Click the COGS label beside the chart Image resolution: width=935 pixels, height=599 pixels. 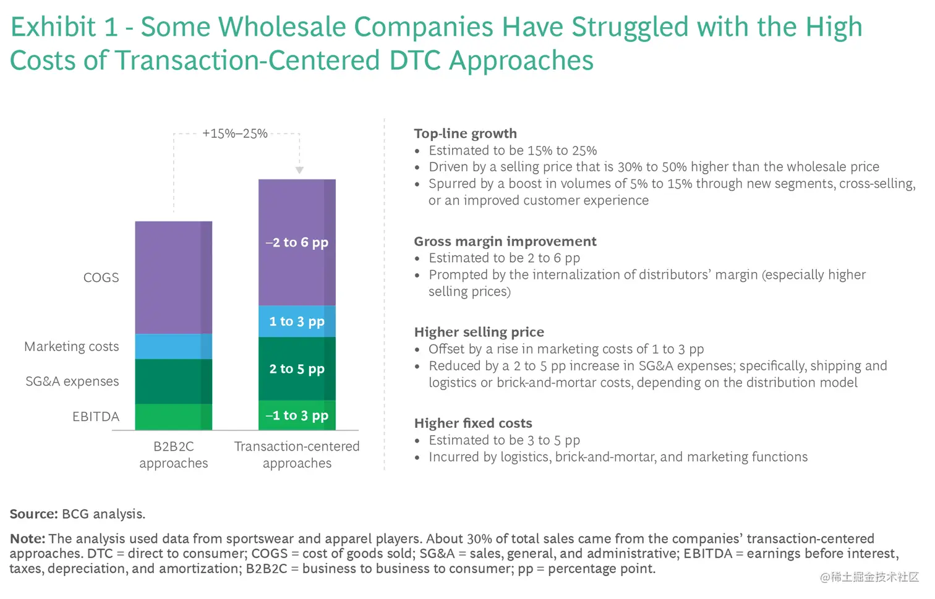[101, 278]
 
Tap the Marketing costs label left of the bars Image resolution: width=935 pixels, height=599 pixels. [71, 347]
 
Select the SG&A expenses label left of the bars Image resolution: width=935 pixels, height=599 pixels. [72, 381]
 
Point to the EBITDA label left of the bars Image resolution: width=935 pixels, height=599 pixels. [95, 417]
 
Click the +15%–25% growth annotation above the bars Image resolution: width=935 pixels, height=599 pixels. [235, 134]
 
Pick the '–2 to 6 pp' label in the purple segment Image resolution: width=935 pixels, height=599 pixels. [297, 242]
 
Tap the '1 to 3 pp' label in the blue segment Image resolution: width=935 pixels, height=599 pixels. [297, 321]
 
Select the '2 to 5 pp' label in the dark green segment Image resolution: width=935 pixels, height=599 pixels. [297, 369]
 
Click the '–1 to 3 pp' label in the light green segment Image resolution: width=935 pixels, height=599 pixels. [297, 415]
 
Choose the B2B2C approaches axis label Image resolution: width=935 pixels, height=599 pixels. [174, 454]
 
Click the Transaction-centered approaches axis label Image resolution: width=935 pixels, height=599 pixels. [297, 454]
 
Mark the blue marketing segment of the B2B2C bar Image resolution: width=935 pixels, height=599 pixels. [173, 347]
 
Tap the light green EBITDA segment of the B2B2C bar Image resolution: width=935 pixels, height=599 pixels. [173, 417]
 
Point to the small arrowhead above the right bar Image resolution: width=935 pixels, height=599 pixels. [299, 170]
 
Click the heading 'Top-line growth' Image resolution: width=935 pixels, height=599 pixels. [465, 134]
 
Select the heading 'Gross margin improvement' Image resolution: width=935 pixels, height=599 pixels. [505, 241]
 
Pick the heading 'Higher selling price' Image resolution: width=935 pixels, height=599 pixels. [479, 332]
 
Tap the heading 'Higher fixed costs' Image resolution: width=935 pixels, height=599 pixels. [473, 423]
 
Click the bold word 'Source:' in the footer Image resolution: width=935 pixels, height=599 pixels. [34, 514]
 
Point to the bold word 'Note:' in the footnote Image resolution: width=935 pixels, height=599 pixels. [27, 539]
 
